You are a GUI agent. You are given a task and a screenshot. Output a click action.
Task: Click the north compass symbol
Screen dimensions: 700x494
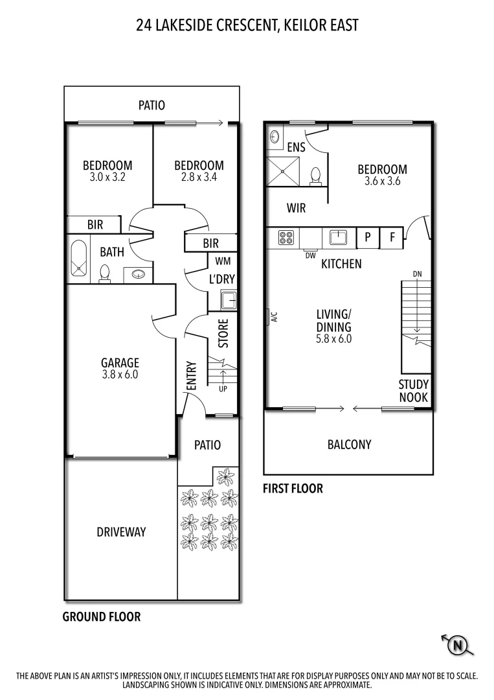458,644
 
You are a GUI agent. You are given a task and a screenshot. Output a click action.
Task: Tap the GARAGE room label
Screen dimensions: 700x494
120,363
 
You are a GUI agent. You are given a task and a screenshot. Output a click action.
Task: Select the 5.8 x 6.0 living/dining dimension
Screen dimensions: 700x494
333,338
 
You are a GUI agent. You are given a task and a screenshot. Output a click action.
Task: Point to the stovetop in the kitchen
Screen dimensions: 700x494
286,237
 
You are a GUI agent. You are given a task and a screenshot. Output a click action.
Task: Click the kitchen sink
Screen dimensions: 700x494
338,237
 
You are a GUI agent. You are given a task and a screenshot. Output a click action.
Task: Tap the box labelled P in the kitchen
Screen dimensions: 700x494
368,237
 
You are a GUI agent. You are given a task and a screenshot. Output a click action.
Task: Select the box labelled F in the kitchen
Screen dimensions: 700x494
391,237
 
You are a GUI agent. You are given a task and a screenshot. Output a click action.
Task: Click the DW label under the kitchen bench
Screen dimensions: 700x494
309,255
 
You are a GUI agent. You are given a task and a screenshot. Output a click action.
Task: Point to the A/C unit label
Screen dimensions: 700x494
274,317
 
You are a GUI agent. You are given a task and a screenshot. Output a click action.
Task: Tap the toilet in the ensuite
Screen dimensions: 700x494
316,176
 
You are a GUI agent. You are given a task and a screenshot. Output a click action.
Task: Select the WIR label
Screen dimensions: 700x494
296,209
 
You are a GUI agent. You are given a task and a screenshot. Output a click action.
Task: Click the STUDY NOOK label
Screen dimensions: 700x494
413,391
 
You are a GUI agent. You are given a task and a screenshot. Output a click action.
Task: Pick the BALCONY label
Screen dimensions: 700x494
349,445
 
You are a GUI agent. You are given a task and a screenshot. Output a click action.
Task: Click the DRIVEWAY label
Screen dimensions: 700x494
121,532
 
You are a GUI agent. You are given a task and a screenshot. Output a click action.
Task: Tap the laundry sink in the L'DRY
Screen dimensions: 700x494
229,301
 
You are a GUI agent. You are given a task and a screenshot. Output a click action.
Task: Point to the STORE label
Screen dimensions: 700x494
223,333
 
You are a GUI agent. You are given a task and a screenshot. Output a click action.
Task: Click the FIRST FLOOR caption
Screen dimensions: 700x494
293,489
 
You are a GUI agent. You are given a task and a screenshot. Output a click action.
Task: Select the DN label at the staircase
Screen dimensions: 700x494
417,274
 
